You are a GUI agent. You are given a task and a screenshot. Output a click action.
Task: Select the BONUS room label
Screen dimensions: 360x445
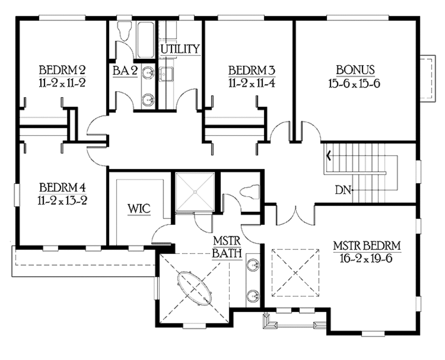[355, 70]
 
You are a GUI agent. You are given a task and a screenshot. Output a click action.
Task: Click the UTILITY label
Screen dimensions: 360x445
[180, 49]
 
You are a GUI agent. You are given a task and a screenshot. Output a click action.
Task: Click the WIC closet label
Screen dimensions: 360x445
[139, 208]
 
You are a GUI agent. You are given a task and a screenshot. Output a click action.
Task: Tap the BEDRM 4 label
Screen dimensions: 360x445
[62, 188]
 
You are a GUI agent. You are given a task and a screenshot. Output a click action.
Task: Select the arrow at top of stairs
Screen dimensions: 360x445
[329, 154]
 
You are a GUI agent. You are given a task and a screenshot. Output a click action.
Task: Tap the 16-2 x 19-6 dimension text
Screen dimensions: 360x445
[367, 258]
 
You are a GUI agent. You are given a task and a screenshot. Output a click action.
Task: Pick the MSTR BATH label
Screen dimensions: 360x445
[227, 247]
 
